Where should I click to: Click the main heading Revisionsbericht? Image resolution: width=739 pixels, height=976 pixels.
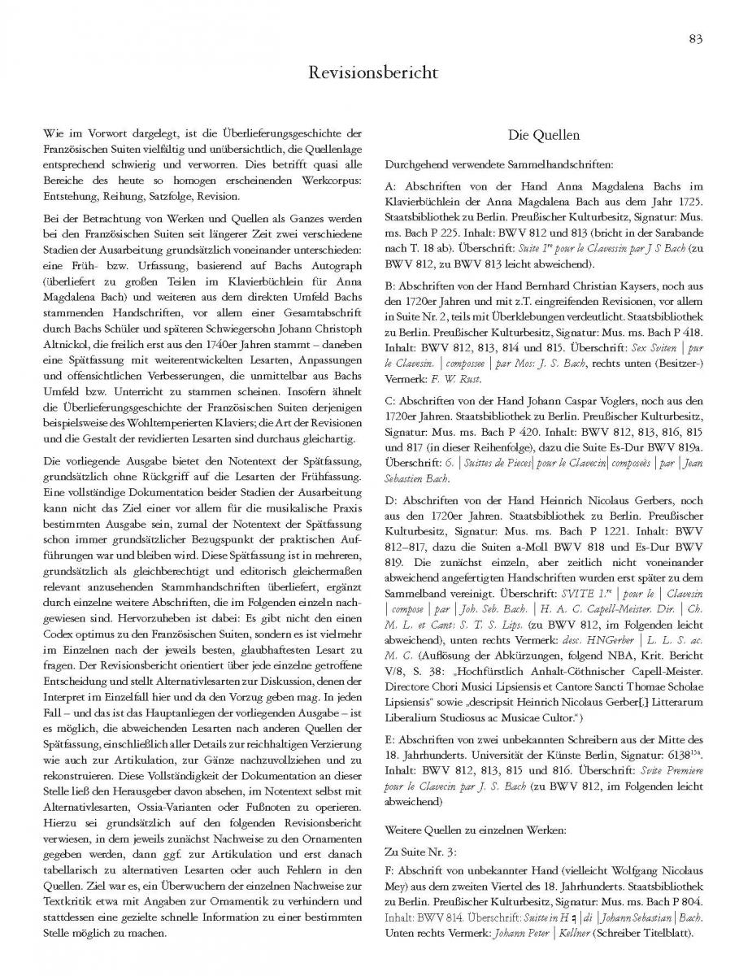pyautogui.click(x=369, y=73)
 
